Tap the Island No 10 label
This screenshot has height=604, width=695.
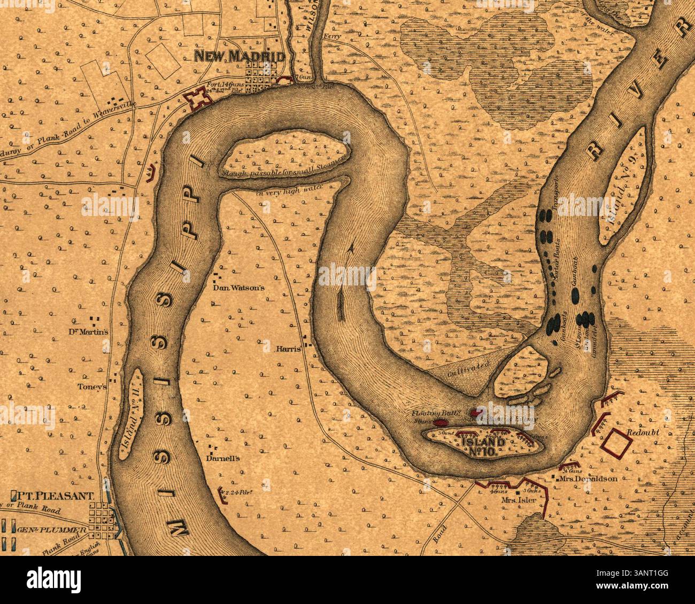point(482,446)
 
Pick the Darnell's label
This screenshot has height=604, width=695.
point(224,458)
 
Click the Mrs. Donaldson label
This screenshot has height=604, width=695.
point(591,479)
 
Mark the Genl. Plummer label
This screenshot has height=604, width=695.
point(51,530)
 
